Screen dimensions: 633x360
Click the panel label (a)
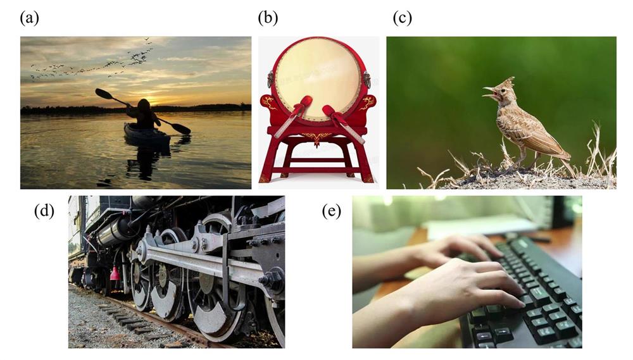click(x=30, y=18)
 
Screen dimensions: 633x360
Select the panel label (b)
click(x=268, y=18)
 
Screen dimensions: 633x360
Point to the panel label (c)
click(x=402, y=18)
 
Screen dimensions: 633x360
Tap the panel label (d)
click(x=44, y=211)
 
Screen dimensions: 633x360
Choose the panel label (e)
click(x=332, y=211)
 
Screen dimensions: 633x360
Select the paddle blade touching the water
click(x=182, y=128)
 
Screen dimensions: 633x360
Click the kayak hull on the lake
click(x=147, y=134)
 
